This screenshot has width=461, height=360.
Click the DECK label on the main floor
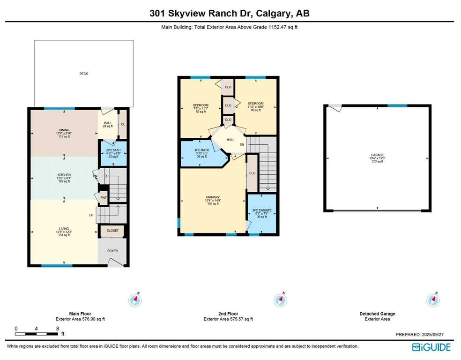(83, 74)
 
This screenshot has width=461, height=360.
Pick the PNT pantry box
(104, 198)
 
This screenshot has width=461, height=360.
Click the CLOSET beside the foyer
(112, 231)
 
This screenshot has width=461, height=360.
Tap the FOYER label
(112, 251)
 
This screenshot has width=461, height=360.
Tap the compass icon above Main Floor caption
(135, 300)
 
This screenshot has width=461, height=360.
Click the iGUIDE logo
(431, 347)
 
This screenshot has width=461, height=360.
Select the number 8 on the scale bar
(57, 329)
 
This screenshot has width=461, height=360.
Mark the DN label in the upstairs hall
(242, 145)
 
